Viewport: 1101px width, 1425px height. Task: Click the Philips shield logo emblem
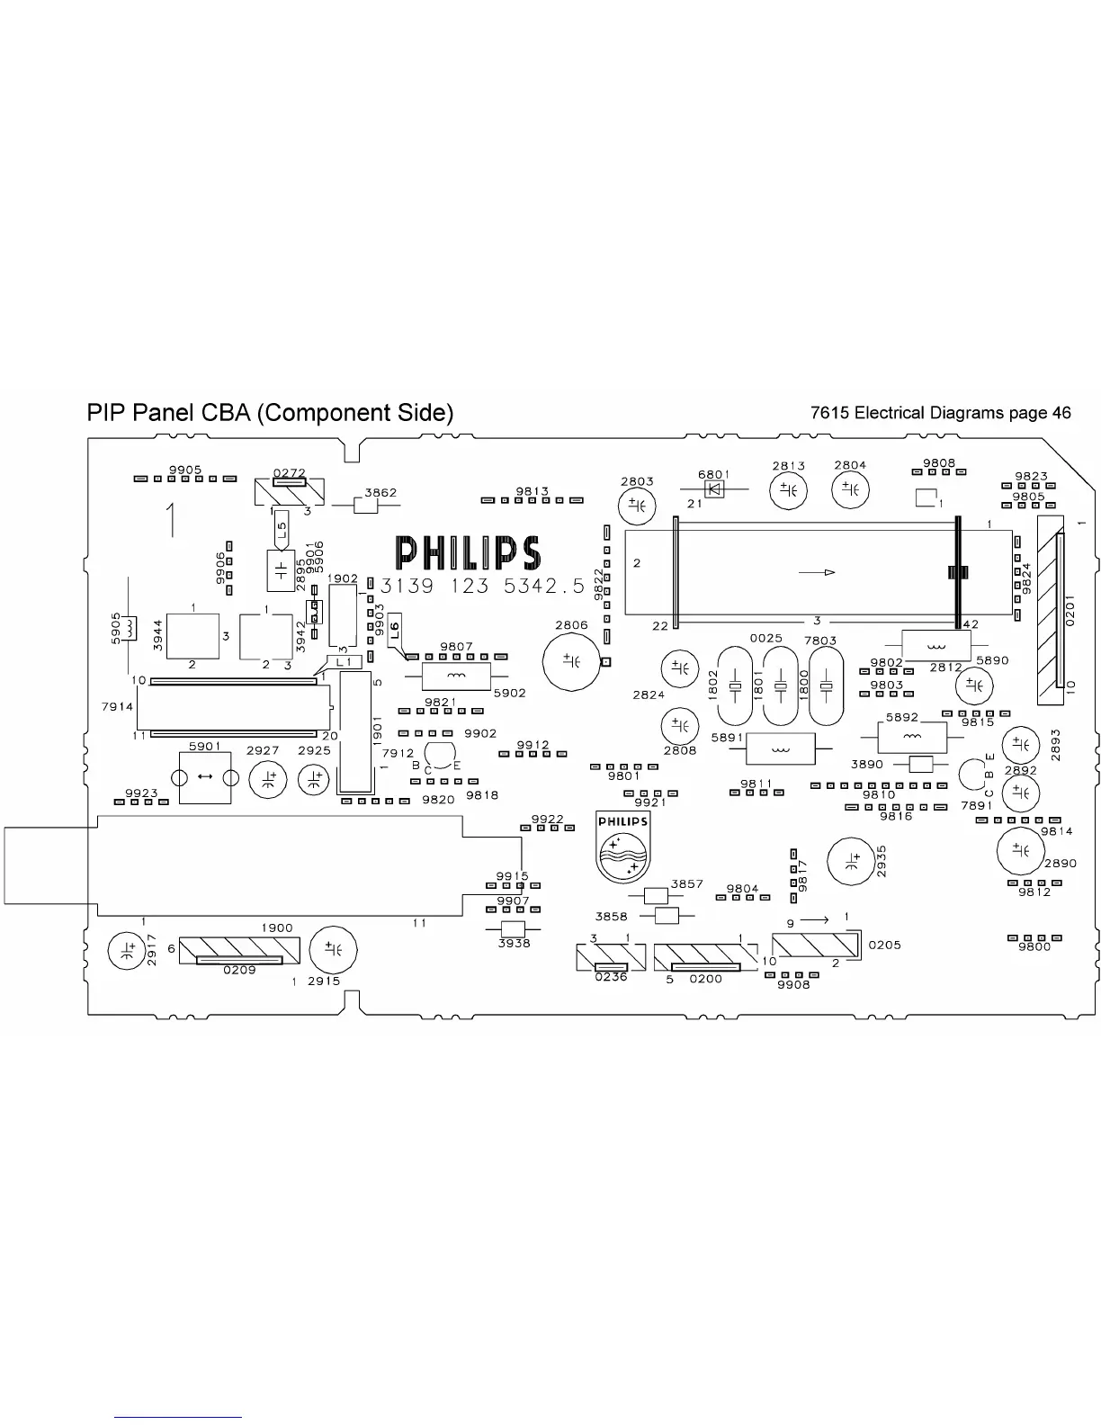coord(622,847)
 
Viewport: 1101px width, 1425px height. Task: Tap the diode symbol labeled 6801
coord(716,489)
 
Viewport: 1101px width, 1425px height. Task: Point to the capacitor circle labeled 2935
coord(850,861)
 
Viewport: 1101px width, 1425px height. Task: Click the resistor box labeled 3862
coord(365,506)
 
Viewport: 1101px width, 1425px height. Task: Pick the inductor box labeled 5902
coord(456,677)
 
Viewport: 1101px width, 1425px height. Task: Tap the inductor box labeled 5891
coord(780,748)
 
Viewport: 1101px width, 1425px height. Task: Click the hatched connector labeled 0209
coord(238,950)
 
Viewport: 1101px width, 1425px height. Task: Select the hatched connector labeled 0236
coord(611,957)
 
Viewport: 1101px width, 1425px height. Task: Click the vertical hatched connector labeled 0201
coord(1050,613)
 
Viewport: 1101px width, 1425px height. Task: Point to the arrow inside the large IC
coord(817,572)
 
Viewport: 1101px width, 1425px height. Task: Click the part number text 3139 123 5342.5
coord(482,587)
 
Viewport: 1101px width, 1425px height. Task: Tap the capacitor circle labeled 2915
coord(333,950)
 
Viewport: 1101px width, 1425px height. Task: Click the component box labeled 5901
coord(205,776)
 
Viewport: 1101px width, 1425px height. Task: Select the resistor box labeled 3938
coord(513,928)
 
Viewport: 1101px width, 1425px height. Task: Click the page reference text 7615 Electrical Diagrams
coord(940,413)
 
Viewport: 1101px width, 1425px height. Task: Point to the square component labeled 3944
coord(193,635)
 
